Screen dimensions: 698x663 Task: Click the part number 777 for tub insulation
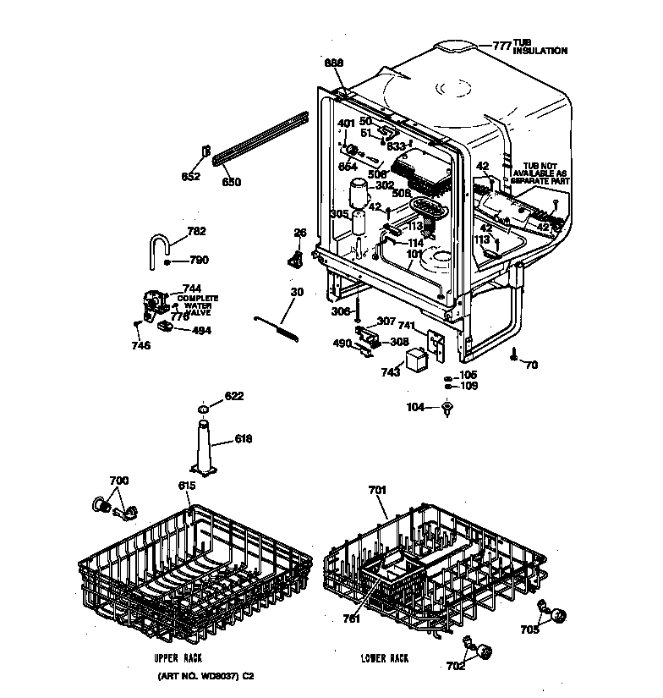click(x=502, y=46)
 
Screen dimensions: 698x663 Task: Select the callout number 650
click(x=232, y=182)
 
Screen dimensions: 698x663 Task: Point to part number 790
click(x=199, y=261)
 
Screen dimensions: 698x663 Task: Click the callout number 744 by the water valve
click(x=192, y=288)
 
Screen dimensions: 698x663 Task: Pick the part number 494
click(x=201, y=331)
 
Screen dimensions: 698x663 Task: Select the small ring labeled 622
click(x=203, y=410)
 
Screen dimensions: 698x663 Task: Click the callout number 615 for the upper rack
click(x=187, y=485)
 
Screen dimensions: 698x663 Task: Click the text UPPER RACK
click(x=178, y=657)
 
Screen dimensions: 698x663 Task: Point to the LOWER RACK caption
click(x=384, y=657)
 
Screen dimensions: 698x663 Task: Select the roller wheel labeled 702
click(x=485, y=651)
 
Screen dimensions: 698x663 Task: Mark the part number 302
click(x=385, y=186)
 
